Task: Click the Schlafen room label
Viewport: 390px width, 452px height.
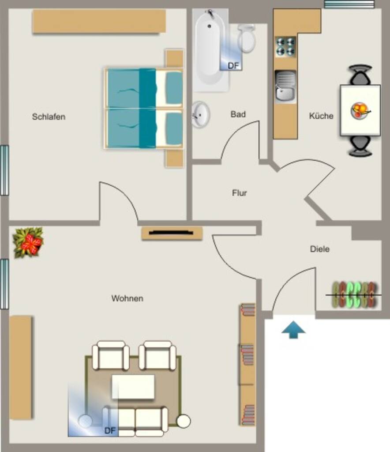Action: point(49,117)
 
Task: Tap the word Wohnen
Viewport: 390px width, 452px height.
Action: point(127,298)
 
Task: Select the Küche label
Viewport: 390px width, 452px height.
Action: point(321,116)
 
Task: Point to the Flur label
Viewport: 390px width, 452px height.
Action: point(240,192)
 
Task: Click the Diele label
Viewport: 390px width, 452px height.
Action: point(320,249)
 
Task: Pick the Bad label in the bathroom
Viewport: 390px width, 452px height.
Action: point(238,114)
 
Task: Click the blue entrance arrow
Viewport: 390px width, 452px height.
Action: point(293,329)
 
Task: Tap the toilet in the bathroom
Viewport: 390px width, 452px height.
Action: point(247,38)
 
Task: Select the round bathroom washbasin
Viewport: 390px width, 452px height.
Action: point(201,114)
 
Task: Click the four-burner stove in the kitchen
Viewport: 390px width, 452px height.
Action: point(285,47)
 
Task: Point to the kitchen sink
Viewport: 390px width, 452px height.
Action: point(285,87)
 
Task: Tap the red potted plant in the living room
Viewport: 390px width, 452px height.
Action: point(28,242)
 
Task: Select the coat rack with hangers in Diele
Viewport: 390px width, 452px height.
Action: point(354,294)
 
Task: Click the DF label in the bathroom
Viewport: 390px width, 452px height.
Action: point(233,66)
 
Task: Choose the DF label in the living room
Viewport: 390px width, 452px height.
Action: point(110,431)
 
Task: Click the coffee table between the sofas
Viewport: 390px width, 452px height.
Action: point(133,387)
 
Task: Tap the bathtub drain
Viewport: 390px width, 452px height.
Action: point(210,26)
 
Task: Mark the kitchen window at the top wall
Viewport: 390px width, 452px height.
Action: point(349,4)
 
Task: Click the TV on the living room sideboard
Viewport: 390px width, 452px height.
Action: point(171,232)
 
